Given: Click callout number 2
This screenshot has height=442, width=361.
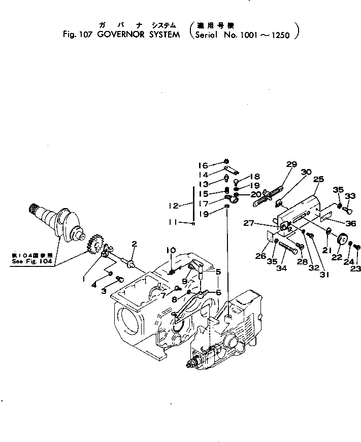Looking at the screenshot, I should pos(134,244).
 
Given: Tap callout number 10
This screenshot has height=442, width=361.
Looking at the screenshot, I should pos(171,250).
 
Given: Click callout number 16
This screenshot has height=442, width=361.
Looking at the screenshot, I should pos(203,165).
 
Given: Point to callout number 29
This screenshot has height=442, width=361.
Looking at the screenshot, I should pos(291,164).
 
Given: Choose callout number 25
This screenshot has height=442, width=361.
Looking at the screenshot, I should pos(318,179).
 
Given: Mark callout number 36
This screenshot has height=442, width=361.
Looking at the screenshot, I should pos(350,223).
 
